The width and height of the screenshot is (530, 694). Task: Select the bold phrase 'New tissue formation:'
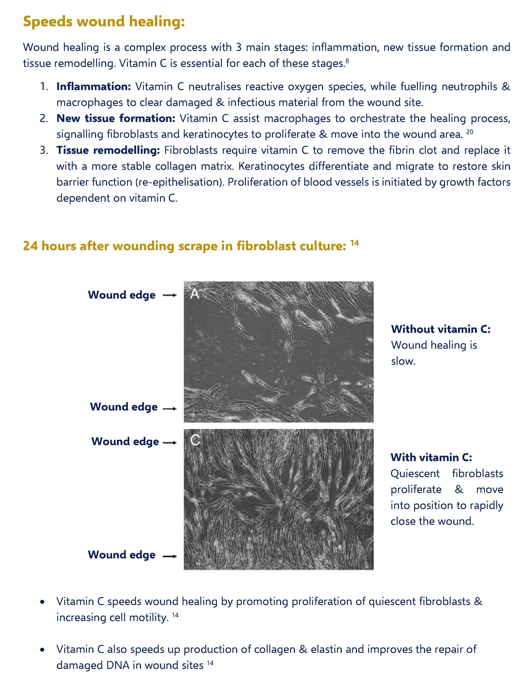(x=116, y=119)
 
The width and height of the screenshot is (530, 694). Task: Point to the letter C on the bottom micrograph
(x=195, y=440)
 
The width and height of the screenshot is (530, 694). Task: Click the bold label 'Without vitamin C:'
(x=440, y=329)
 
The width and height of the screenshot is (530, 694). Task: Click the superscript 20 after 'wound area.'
(x=469, y=132)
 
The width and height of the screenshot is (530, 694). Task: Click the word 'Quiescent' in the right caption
(x=415, y=473)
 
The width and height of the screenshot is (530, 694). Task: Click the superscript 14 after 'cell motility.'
(x=175, y=615)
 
